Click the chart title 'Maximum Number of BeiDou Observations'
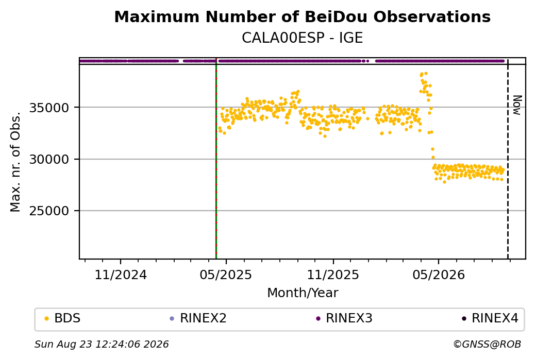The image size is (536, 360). [302, 16]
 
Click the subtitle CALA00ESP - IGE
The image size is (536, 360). [302, 38]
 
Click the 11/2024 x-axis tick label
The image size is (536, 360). [121, 275]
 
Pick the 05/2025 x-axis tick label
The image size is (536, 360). [226, 275]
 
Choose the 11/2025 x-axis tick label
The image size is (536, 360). [333, 275]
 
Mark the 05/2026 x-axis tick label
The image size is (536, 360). [439, 275]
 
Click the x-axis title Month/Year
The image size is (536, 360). [303, 293]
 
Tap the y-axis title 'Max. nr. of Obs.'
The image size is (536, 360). [15, 162]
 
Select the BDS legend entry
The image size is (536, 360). [62, 318]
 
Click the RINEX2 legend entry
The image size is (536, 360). [198, 318]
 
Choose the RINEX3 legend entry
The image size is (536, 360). [344, 318]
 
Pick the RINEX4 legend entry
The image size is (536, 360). [490, 318]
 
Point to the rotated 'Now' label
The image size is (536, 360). [517, 105]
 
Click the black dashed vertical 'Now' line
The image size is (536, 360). [508, 159]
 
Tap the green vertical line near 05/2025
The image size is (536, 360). [216, 159]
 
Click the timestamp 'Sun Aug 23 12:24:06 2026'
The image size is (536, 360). [102, 344]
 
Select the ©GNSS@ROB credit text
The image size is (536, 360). [487, 344]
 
